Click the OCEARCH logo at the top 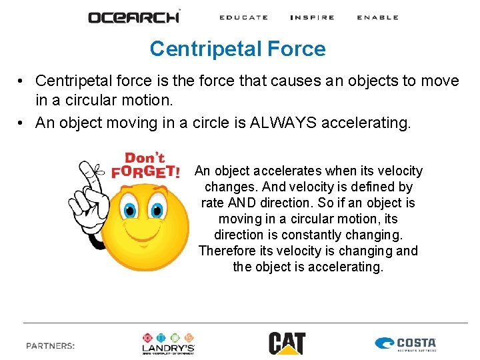pyautogui.click(x=133, y=17)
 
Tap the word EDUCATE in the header pyautogui.click(x=243, y=17)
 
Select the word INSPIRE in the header pyautogui.click(x=312, y=17)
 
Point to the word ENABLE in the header pyautogui.click(x=377, y=17)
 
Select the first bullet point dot pyautogui.click(x=22, y=81)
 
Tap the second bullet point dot pyautogui.click(x=22, y=123)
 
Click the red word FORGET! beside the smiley pyautogui.click(x=145, y=171)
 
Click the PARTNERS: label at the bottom pyautogui.click(x=51, y=345)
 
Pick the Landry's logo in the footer pyautogui.click(x=168, y=343)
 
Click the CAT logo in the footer pyautogui.click(x=287, y=343)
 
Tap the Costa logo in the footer pyautogui.click(x=405, y=344)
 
